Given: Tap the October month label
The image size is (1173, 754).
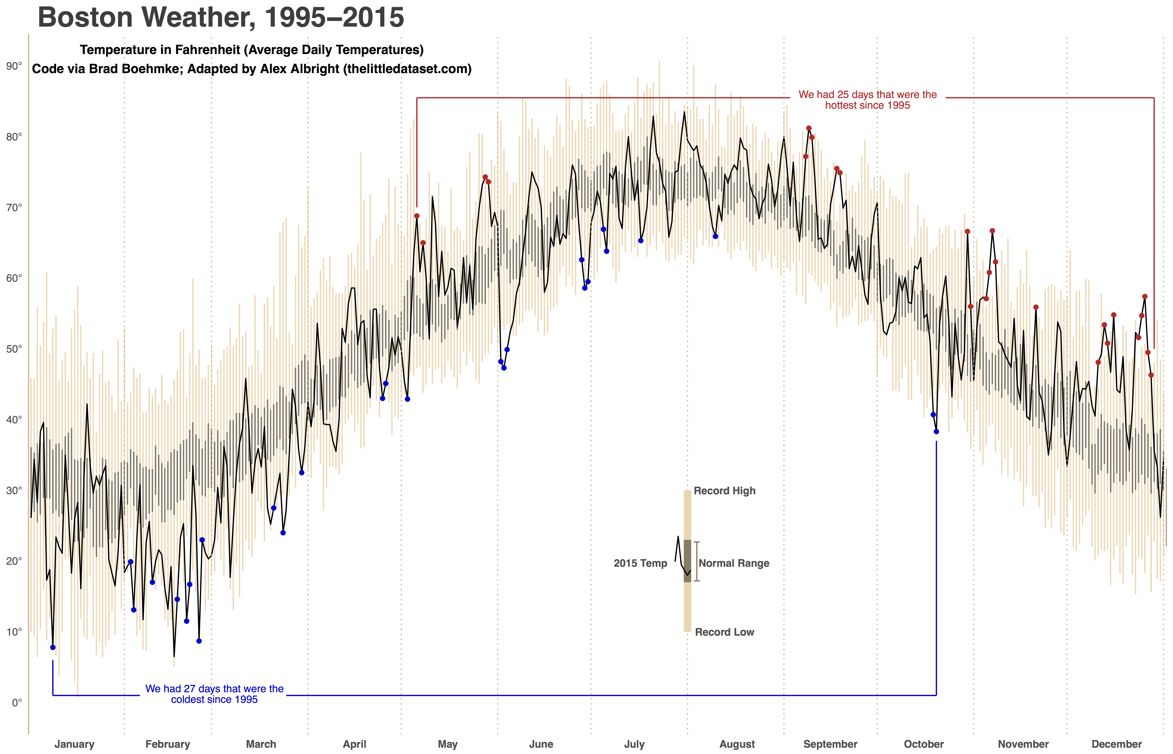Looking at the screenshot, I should (x=923, y=744).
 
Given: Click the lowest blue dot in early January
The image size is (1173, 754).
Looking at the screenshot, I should (x=53, y=647).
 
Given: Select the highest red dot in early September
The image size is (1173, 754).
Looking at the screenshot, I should (x=809, y=128).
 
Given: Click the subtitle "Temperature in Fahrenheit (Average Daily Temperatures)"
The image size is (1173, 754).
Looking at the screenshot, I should (x=252, y=50).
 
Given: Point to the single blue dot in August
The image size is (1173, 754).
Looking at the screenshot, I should (x=715, y=236).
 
